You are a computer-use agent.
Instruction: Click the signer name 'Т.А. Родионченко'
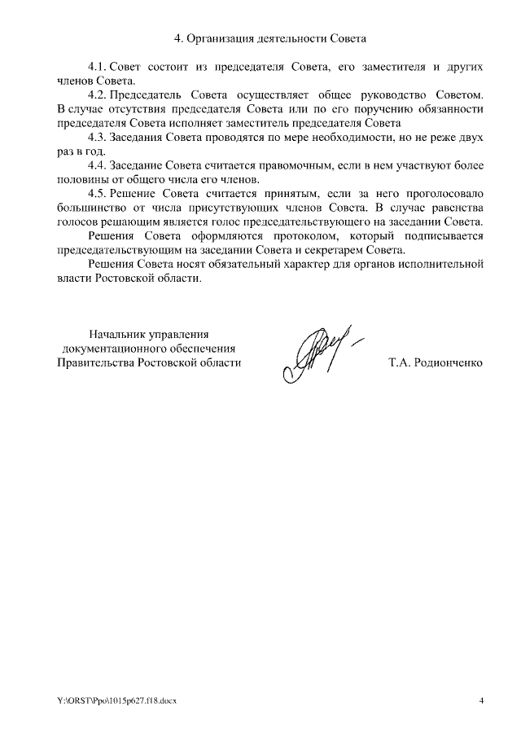(x=436, y=362)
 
